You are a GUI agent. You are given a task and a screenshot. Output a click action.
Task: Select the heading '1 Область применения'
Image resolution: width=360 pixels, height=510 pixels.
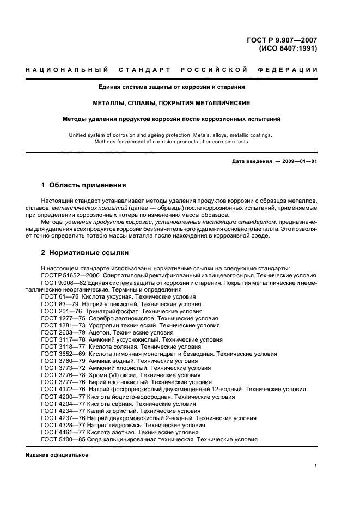[x=84, y=185]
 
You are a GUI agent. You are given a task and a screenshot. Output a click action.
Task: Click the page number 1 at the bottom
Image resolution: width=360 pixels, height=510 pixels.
[x=316, y=466]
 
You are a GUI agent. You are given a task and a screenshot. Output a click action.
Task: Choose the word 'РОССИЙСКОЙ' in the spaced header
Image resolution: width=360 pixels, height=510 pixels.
[x=215, y=70]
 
